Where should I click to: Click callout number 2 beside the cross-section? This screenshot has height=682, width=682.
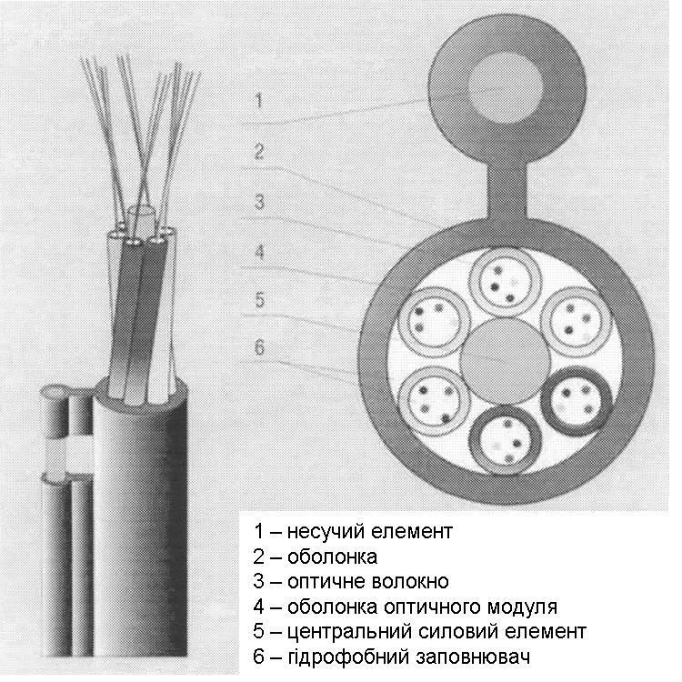(x=258, y=152)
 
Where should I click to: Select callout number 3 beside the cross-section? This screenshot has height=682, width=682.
(x=259, y=202)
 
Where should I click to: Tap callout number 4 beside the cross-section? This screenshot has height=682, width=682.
(x=258, y=252)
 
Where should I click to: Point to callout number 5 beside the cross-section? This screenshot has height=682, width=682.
(x=258, y=299)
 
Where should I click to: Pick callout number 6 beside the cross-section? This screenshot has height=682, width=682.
(x=258, y=349)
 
